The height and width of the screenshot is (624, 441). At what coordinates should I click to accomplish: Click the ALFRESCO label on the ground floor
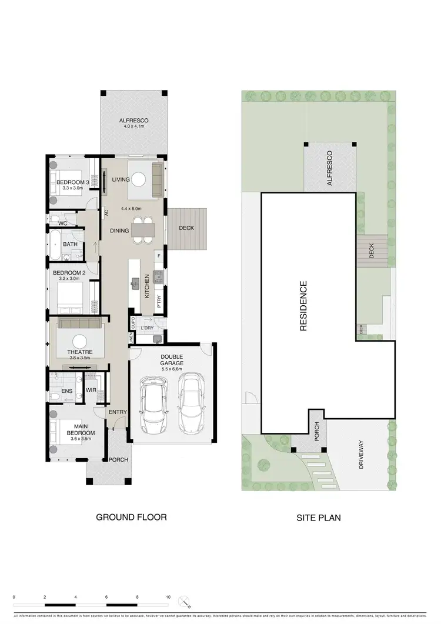click(x=135, y=120)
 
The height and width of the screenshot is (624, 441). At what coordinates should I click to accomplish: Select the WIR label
click(x=91, y=389)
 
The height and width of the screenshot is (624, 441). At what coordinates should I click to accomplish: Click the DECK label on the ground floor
click(x=186, y=228)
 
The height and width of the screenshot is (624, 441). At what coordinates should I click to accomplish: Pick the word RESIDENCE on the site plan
click(x=303, y=306)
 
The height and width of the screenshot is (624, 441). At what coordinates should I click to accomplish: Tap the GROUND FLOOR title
click(x=131, y=518)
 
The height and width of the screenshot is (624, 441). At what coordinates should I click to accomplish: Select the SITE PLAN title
click(x=319, y=518)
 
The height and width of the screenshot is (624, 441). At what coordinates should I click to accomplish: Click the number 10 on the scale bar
click(x=168, y=596)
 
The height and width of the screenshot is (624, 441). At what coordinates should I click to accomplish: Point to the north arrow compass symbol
click(x=186, y=603)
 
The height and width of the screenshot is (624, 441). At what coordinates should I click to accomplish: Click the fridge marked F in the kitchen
click(x=158, y=256)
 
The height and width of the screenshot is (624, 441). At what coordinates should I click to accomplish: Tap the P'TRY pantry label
click(x=159, y=301)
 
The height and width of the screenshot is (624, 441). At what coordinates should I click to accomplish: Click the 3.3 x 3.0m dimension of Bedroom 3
click(x=72, y=188)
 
